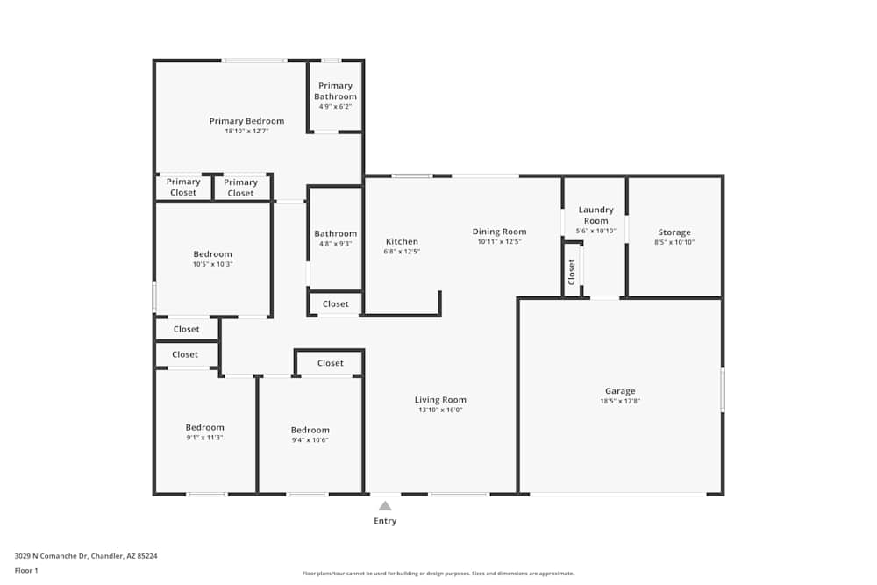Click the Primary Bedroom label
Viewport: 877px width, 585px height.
pos(246,121)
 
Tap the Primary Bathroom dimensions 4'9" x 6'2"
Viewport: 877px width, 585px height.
pos(335,106)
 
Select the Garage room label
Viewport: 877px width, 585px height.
pos(620,391)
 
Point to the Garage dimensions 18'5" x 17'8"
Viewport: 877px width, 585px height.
pos(620,401)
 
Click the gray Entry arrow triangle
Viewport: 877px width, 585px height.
pos(385,506)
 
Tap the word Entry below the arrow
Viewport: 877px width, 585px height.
pos(385,521)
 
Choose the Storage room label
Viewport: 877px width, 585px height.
pos(674,232)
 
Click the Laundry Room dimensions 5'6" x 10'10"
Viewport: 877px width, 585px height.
pos(595,231)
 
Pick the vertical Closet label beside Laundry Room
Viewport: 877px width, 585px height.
pos(572,272)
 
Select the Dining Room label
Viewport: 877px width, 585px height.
pos(499,232)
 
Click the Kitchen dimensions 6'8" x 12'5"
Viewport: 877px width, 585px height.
pos(402,252)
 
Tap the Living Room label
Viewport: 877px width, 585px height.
pos(440,400)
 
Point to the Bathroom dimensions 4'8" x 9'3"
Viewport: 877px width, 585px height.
pos(335,244)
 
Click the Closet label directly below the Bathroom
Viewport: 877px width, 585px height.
pos(336,303)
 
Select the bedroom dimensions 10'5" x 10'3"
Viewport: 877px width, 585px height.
pos(212,264)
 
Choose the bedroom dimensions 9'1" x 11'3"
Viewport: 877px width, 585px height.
pos(204,438)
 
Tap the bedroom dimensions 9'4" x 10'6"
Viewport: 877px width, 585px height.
pos(310,440)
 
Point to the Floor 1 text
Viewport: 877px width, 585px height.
pos(26,570)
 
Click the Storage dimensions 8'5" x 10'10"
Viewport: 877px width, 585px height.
pos(674,242)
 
